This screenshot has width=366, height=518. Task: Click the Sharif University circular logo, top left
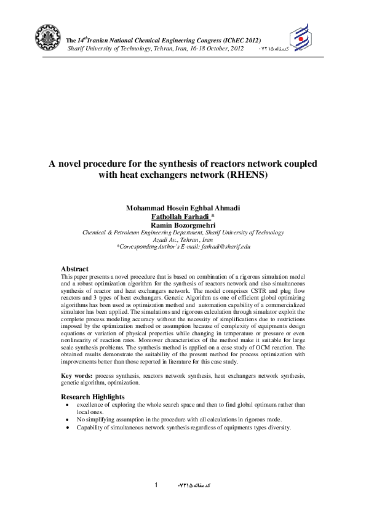[48, 38]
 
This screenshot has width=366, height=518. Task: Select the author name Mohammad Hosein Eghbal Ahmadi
[183, 209]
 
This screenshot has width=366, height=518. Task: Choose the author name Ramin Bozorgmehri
[183, 225]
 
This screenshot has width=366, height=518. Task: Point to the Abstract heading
[74, 269]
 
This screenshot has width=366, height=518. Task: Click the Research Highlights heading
[92, 397]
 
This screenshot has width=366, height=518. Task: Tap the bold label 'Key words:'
[76, 375]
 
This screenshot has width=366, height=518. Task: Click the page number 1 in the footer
[156, 485]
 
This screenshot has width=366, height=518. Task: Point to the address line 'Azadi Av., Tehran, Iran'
[183, 240]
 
